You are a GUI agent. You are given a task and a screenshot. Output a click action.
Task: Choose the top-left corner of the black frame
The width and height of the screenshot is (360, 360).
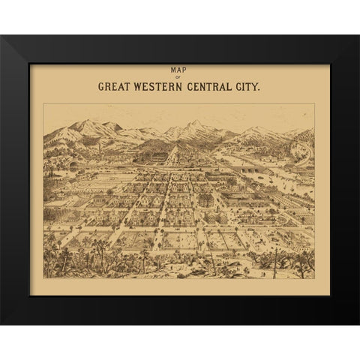coord(1,35)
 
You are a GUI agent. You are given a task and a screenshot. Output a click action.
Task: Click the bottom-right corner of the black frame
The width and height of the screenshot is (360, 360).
coord(358,324)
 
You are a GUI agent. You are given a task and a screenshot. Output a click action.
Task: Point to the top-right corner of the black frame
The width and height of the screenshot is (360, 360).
coord(358,35)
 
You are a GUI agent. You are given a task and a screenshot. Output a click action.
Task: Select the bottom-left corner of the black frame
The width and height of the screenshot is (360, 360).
coord(1,324)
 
